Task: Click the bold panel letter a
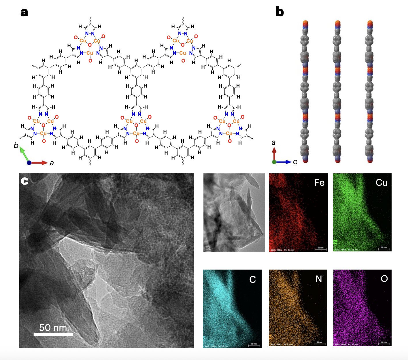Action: point(24,12)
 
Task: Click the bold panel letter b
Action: point(279,12)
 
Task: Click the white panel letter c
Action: point(24,181)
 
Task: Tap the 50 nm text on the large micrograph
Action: point(53,328)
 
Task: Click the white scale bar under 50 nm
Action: point(53,334)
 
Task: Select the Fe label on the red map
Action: point(319,183)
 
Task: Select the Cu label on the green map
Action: point(381,183)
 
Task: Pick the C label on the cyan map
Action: point(252,280)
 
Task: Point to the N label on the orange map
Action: point(319,279)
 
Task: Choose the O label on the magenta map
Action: point(384,279)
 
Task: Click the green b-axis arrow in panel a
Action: point(24,154)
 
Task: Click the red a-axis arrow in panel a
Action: point(39,163)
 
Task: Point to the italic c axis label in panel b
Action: point(295,162)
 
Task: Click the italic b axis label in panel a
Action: point(16,145)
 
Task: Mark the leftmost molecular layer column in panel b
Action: point(305,92)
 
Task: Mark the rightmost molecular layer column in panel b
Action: point(370,92)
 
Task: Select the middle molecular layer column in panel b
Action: point(337,92)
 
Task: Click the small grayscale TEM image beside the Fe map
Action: point(234,212)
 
